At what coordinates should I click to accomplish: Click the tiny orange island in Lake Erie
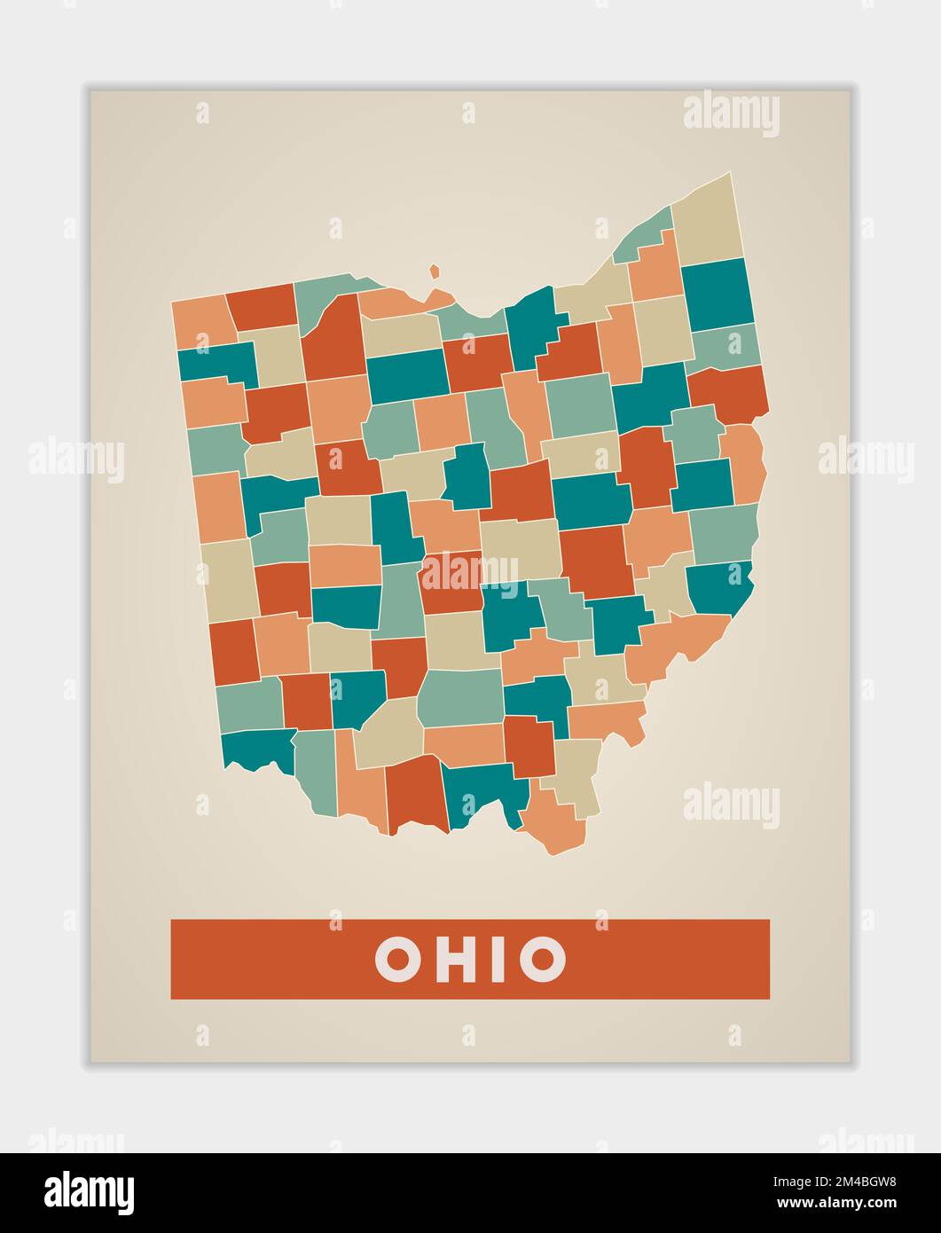[435, 271]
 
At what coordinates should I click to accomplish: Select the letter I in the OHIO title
[498, 959]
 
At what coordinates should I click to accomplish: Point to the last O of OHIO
[542, 959]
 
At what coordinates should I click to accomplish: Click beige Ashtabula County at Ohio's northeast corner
[707, 217]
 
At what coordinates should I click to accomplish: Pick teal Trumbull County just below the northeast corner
[717, 295]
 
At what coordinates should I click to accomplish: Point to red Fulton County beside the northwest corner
[263, 306]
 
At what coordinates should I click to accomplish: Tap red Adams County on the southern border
[414, 794]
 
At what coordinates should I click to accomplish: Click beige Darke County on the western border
[228, 578]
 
